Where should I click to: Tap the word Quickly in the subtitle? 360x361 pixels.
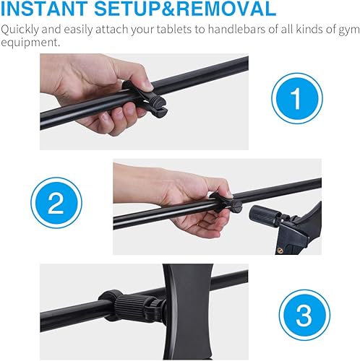coord(21,31)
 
